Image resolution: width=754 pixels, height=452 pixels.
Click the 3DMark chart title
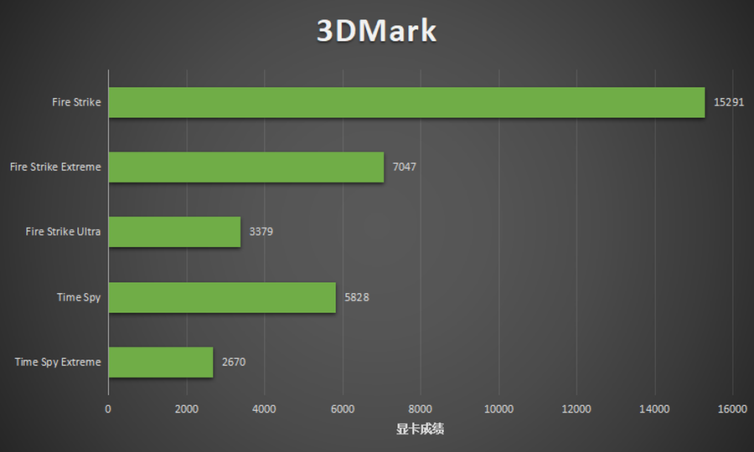pyautogui.click(x=377, y=31)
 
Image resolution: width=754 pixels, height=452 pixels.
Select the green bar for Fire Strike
pyautogui.click(x=406, y=102)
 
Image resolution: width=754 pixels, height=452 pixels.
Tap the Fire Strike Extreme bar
pyautogui.click(x=245, y=167)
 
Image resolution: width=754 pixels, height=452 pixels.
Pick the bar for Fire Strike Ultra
pyautogui.click(x=174, y=232)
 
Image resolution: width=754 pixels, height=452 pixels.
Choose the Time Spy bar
pyautogui.click(x=222, y=297)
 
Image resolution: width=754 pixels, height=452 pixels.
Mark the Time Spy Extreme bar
pyautogui.click(x=160, y=362)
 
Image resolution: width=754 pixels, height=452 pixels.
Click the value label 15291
pyautogui.click(x=728, y=102)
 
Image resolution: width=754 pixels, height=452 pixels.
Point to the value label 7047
pyautogui.click(x=404, y=167)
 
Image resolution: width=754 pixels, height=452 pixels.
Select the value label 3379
pyautogui.click(x=261, y=232)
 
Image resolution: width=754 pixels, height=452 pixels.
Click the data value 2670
pyautogui.click(x=234, y=362)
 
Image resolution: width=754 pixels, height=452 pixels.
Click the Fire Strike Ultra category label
pyautogui.click(x=63, y=232)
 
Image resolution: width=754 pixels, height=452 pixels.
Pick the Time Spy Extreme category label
pyautogui.click(x=58, y=362)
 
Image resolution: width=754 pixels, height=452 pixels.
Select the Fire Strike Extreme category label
pyautogui.click(x=55, y=167)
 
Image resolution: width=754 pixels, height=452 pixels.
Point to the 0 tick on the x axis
pyautogui.click(x=108, y=408)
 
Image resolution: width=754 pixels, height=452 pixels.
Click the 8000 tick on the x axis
pyautogui.click(x=421, y=408)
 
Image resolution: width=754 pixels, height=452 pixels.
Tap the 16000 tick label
pyautogui.click(x=732, y=408)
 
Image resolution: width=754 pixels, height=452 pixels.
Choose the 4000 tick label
pyautogui.click(x=264, y=408)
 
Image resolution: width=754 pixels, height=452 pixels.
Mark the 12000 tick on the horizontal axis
pyautogui.click(x=576, y=408)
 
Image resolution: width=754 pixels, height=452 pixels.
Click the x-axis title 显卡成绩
pyautogui.click(x=420, y=429)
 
